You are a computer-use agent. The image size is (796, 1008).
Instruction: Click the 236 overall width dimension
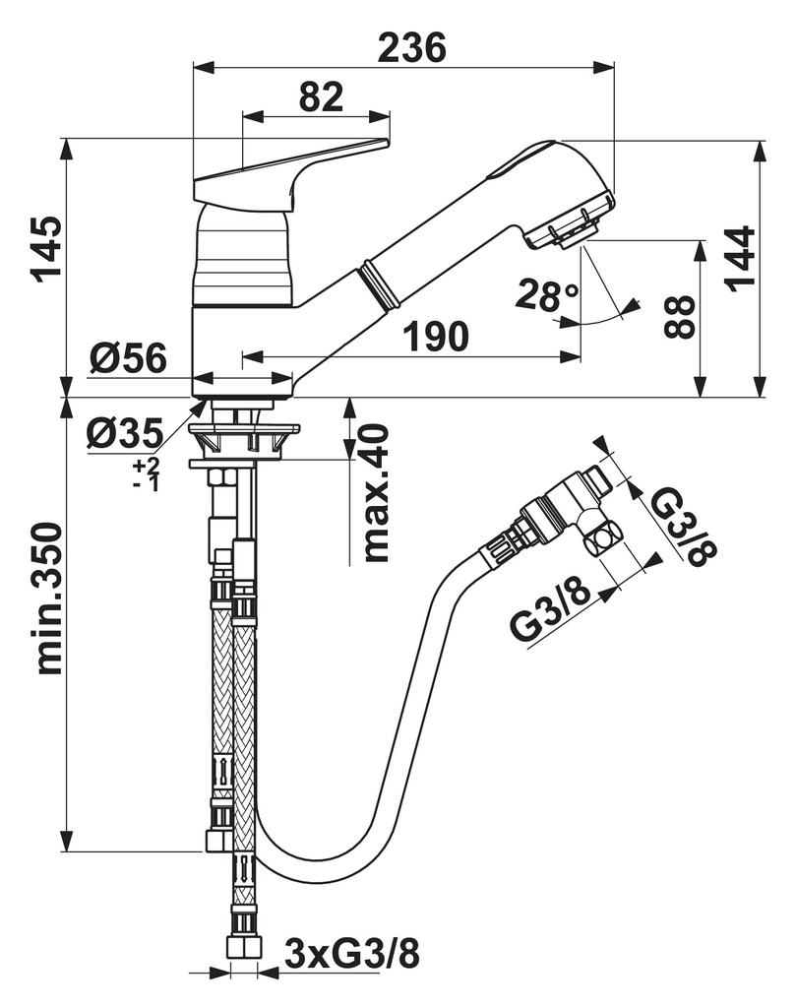[x=412, y=46]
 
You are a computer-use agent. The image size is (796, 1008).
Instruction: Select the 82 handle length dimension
[x=320, y=97]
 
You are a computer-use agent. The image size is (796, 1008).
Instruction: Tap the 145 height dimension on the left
[x=46, y=248]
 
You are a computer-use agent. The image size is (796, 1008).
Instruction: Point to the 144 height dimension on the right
[x=740, y=258]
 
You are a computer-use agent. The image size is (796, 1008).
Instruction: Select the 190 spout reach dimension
[x=433, y=337]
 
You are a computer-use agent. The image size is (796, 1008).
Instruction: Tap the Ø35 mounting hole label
[x=124, y=431]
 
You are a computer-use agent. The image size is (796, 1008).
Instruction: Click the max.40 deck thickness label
[x=375, y=493]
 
